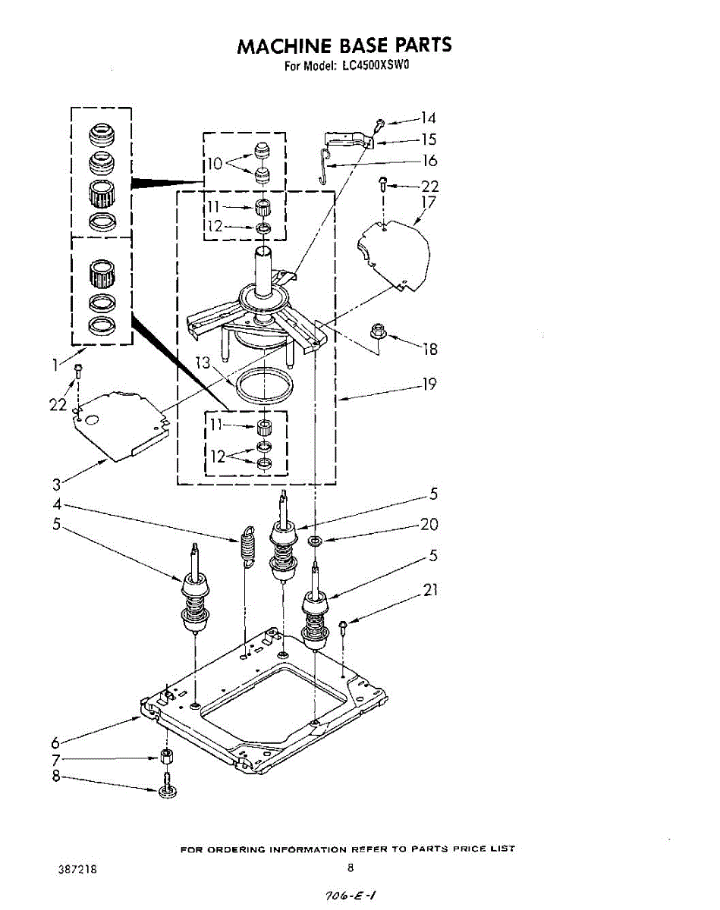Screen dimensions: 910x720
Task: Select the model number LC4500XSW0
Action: pos(375,65)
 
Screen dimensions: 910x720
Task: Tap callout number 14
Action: pos(429,118)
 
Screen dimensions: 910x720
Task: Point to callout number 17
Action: pos(429,202)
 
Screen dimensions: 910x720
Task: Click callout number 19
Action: pos(429,384)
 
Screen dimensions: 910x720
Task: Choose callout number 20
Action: pos(429,525)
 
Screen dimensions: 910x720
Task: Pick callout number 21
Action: pos(430,589)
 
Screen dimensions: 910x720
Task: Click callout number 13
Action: pos(201,363)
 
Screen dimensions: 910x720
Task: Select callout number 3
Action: pos(57,485)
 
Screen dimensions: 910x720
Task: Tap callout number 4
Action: pos(57,504)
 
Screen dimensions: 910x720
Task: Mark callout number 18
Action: pos(431,350)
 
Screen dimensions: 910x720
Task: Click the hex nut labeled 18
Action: pos(377,331)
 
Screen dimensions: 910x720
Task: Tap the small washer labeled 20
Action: pos(314,541)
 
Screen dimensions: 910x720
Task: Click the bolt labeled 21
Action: pos(343,626)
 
